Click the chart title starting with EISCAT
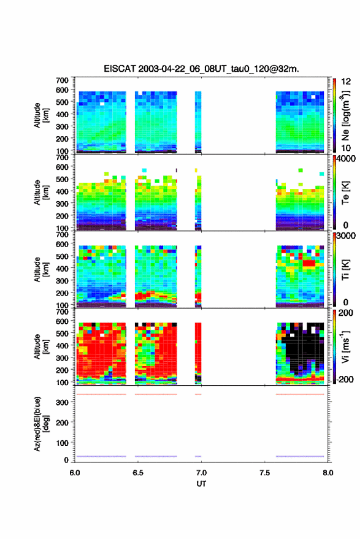point(201,69)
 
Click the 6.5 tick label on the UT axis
point(138,473)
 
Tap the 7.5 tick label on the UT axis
point(265,473)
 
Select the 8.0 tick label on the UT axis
point(328,473)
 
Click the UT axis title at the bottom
point(201,484)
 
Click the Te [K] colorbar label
point(345,193)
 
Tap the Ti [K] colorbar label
point(345,270)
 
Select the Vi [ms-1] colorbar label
point(345,347)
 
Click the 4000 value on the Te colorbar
point(346,159)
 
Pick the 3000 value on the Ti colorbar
point(346,236)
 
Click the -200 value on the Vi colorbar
point(345,380)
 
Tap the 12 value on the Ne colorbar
point(346,82)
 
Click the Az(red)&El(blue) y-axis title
point(41,424)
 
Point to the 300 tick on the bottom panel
point(62,402)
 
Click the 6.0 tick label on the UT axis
point(75,473)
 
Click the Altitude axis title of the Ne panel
point(41,115)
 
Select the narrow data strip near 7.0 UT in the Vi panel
point(198,353)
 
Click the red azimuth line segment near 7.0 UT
point(198,394)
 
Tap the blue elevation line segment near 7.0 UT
point(198,456)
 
